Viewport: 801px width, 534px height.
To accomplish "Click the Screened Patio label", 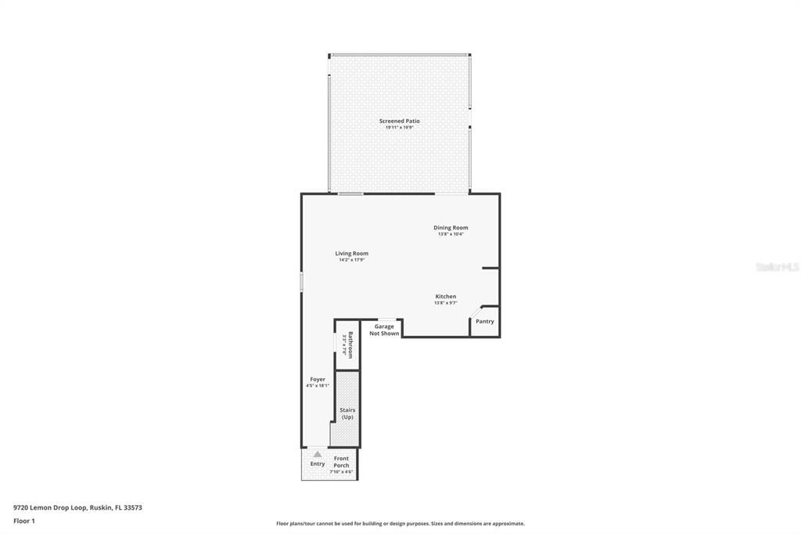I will (x=399, y=121).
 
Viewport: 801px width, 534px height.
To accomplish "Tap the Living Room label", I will (x=351, y=254).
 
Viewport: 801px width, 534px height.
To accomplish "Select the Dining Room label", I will (x=451, y=228).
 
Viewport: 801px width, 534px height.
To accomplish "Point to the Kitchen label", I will (x=446, y=297).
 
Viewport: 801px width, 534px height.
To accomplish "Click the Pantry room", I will (x=485, y=321).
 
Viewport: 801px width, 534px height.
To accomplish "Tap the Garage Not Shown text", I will (x=384, y=330).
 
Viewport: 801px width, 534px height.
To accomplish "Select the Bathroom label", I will (x=350, y=345).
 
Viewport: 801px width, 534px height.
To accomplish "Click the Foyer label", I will (x=317, y=380).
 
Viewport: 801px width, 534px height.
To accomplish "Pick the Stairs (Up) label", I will (x=347, y=413).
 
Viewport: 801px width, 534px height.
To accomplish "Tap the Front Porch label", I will (x=342, y=462).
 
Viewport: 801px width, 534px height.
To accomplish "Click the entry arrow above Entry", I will (x=317, y=453).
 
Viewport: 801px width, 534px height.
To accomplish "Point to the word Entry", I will (x=317, y=464).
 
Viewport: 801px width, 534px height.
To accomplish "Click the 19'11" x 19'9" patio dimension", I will (x=399, y=128).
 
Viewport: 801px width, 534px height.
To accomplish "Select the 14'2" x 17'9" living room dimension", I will (x=351, y=260).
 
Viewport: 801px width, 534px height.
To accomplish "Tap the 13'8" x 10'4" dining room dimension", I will (x=451, y=234).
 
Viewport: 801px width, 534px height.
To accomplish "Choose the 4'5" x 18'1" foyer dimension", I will (x=317, y=386).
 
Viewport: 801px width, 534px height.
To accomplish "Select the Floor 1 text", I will (x=24, y=521).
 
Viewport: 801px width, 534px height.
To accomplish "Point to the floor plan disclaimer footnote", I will (x=400, y=524).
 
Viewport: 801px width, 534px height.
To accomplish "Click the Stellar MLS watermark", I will (x=777, y=267).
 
